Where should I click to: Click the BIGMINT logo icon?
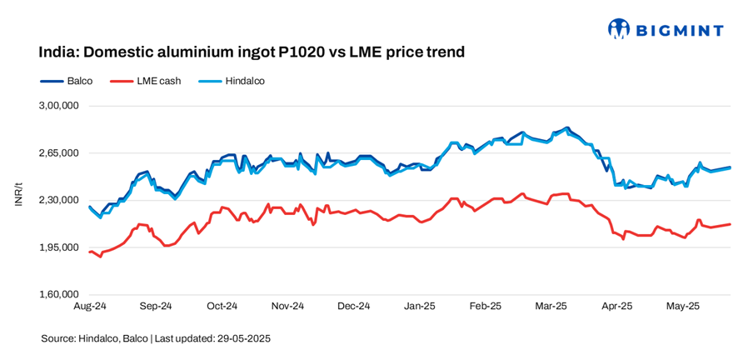(x=619, y=30)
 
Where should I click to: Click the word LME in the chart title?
(x=362, y=52)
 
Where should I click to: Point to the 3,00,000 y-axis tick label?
(x=58, y=106)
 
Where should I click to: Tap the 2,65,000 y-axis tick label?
(x=58, y=153)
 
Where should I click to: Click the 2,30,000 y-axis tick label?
(x=58, y=200)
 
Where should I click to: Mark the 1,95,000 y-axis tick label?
(x=58, y=247)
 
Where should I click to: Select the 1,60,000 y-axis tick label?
(x=58, y=294)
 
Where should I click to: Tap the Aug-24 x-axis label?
(x=89, y=307)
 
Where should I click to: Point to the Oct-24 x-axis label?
(x=222, y=307)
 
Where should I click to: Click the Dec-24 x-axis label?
(x=353, y=307)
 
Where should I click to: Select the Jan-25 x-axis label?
(x=419, y=307)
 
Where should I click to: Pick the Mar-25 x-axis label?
(x=551, y=307)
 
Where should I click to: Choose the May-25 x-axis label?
(x=682, y=307)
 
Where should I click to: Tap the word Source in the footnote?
(x=57, y=339)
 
